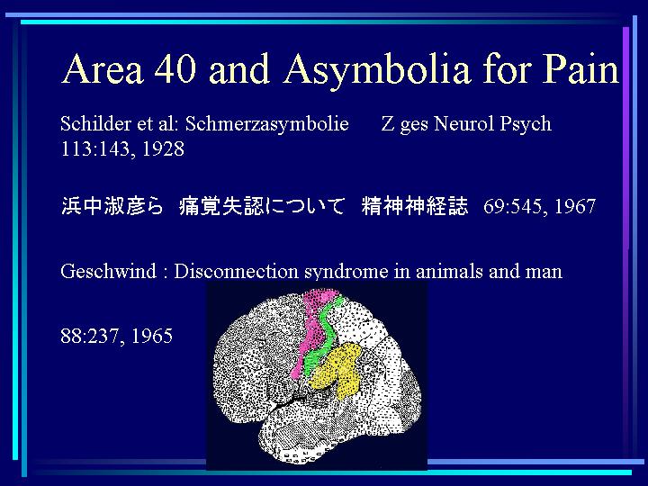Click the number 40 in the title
[x=175, y=68]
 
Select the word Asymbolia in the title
[x=377, y=70]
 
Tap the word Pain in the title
[x=580, y=68]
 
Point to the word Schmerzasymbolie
[x=267, y=125]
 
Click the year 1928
[x=163, y=148]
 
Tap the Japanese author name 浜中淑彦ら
[x=112, y=206]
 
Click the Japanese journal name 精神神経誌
[x=415, y=206]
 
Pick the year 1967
[x=575, y=206]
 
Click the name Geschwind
[x=109, y=272]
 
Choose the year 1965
[x=152, y=336]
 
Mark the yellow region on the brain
[x=337, y=369]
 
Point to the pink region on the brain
[x=313, y=327]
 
